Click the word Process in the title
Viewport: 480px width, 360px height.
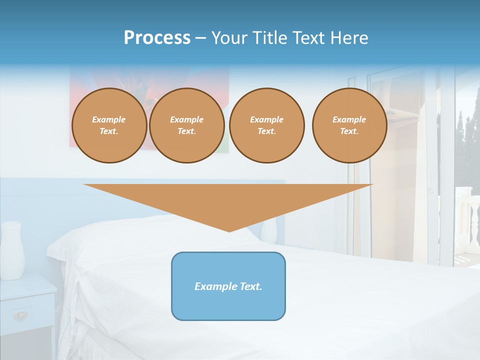coord(157,38)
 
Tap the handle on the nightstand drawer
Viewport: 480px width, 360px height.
coord(20,315)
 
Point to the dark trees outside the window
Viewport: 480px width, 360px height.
coord(467,135)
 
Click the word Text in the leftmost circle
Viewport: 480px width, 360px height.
coord(109,131)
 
